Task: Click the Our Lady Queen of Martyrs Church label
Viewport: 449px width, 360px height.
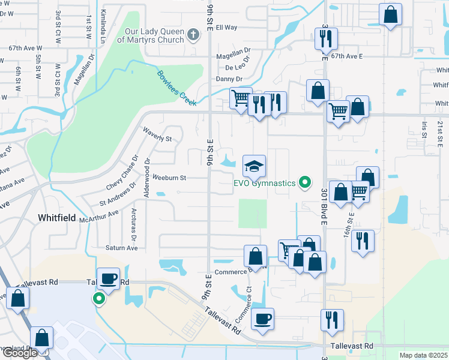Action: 155,35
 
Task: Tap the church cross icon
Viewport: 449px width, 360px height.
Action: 193,35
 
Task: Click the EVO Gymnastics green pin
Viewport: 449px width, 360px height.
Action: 306,182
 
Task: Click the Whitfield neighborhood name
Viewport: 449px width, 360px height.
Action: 57,218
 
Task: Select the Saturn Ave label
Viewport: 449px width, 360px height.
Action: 122,248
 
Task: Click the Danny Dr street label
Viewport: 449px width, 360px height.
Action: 229,79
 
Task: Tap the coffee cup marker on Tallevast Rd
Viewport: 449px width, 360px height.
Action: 108,278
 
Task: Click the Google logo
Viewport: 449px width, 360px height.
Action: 19,353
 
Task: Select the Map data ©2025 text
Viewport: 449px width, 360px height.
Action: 423,355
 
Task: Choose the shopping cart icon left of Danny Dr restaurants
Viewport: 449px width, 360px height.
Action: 241,98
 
